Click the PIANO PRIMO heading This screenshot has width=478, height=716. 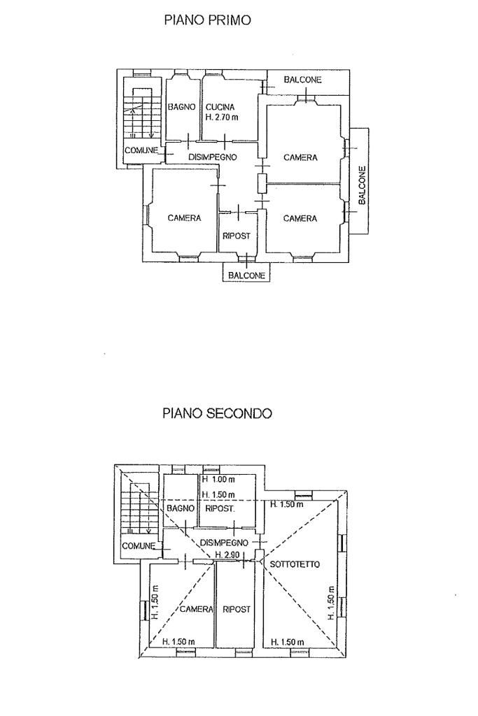click(206, 20)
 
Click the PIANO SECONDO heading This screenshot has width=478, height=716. click(217, 413)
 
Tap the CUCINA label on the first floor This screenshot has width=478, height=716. click(220, 107)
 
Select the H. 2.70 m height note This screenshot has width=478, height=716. click(223, 118)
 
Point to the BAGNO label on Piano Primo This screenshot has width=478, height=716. click(181, 107)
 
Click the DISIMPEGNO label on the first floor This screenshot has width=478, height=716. click(213, 157)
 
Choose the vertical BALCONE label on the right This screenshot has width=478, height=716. click(362, 185)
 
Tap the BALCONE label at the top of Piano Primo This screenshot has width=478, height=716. click(302, 80)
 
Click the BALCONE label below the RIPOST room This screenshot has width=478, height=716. click(246, 275)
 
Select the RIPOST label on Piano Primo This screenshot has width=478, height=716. click(236, 236)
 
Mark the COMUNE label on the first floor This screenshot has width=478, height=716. click(141, 150)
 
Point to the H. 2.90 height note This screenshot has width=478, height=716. click(229, 554)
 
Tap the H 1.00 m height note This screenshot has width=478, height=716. click(218, 480)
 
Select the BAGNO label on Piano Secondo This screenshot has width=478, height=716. click(179, 508)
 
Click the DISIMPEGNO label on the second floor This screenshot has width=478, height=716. click(224, 543)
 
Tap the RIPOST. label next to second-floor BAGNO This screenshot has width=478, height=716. click(219, 508)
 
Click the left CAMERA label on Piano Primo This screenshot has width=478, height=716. click(184, 218)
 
